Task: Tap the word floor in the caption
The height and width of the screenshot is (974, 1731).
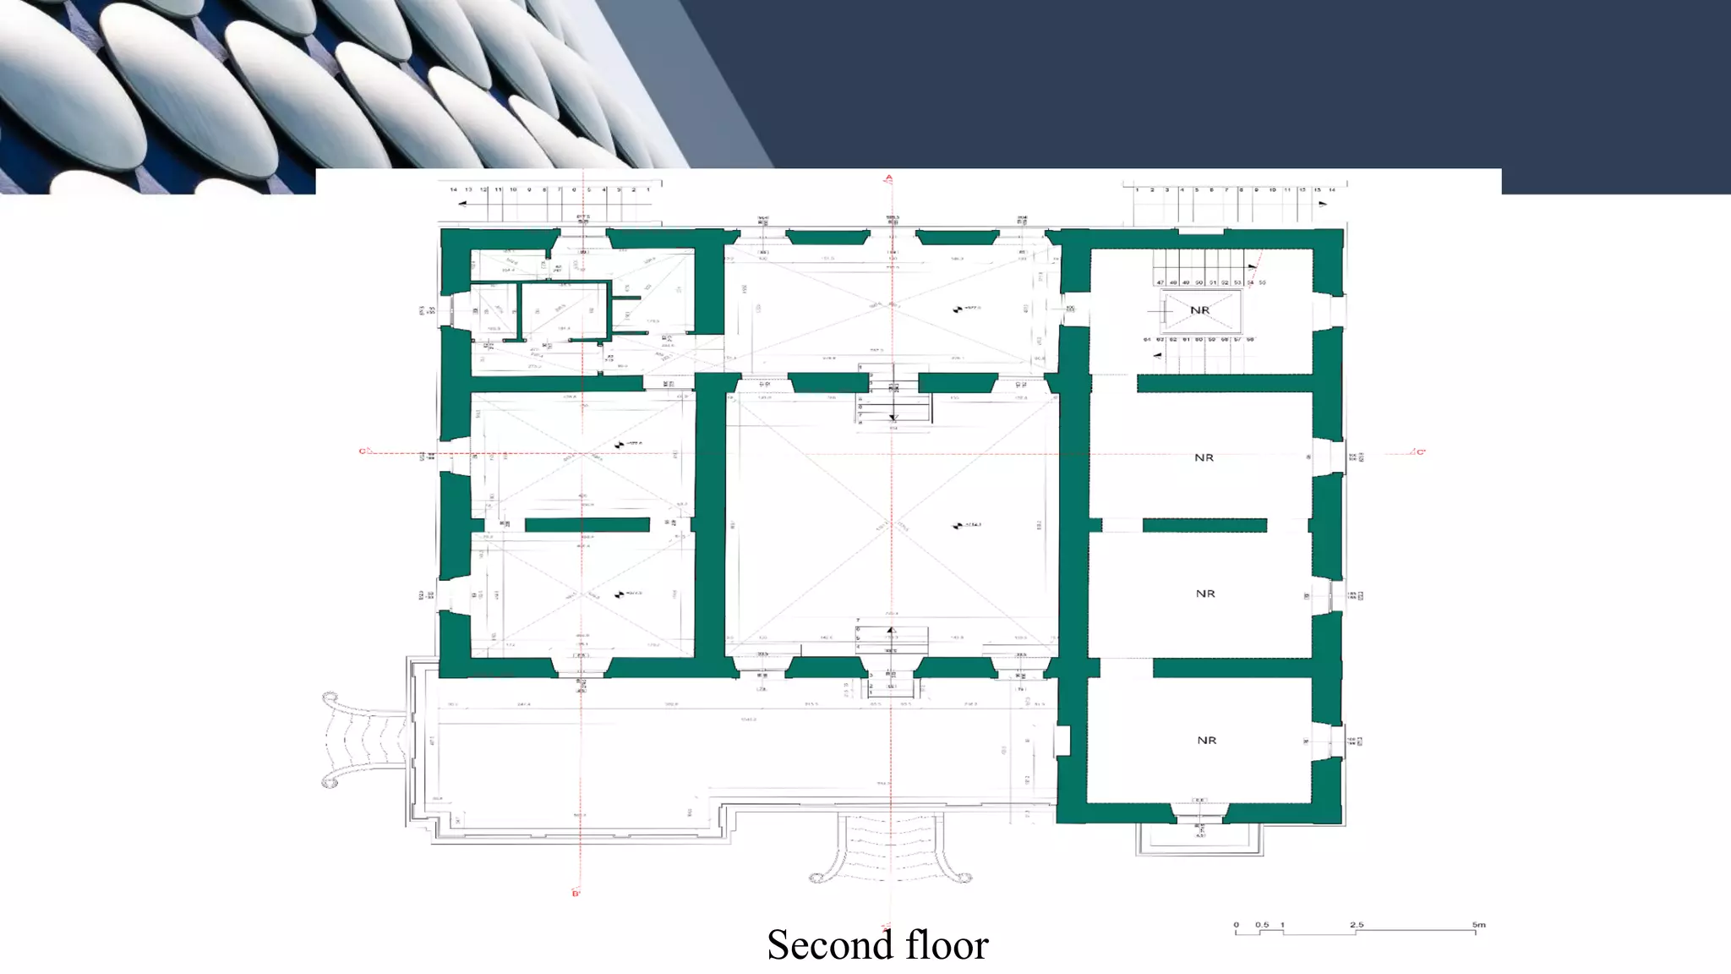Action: point(947,945)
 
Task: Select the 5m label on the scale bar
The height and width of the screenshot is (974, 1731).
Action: point(1478,925)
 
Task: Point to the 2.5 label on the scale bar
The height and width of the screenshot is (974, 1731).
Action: point(1357,925)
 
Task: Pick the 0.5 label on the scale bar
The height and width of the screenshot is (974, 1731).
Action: point(1262,925)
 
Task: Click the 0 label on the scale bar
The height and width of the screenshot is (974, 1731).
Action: point(1236,925)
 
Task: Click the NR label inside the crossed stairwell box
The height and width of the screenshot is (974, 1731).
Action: point(1199,310)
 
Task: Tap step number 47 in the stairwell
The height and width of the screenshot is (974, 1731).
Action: point(1160,282)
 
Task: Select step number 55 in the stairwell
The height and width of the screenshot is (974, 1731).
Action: point(1263,282)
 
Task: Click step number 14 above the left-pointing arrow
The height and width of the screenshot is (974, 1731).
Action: point(453,190)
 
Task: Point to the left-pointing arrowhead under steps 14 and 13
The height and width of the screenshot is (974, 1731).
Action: point(461,204)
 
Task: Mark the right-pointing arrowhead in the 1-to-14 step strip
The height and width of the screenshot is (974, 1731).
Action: point(1323,204)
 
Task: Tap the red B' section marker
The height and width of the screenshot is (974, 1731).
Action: point(576,893)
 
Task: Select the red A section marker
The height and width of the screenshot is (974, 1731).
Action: point(888,178)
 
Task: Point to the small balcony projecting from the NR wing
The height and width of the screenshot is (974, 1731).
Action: point(1199,839)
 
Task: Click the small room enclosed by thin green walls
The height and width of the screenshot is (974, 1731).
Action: point(563,312)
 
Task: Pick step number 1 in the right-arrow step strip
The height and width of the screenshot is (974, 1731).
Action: point(1138,190)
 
